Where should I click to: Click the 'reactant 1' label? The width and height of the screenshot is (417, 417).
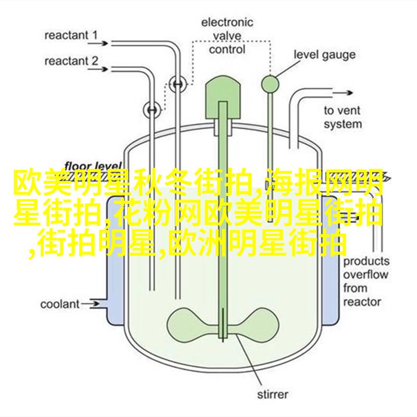pyautogui.click(x=71, y=35)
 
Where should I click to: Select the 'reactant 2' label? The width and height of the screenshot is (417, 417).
pyautogui.click(x=71, y=61)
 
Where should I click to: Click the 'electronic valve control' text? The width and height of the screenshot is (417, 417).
pyautogui.click(x=227, y=36)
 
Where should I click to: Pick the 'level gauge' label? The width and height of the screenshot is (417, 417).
pyautogui.click(x=324, y=55)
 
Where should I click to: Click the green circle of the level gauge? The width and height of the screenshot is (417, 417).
pyautogui.click(x=270, y=84)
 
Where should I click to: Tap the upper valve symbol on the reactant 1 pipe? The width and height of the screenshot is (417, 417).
pyautogui.click(x=178, y=84)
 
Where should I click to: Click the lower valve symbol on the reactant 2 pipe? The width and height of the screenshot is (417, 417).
pyautogui.click(x=152, y=110)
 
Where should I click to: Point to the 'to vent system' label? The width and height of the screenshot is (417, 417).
pyautogui.click(x=342, y=117)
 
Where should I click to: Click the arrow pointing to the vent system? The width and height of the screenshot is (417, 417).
pyautogui.click(x=342, y=93)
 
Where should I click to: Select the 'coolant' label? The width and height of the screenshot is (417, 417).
pyautogui.click(x=60, y=304)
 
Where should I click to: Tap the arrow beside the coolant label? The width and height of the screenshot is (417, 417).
pyautogui.click(x=90, y=304)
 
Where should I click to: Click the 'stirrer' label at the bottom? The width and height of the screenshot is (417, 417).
pyautogui.click(x=273, y=395)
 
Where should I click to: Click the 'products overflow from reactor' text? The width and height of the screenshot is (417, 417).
pyautogui.click(x=366, y=281)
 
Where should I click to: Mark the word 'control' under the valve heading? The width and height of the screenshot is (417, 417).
pyautogui.click(x=227, y=50)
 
